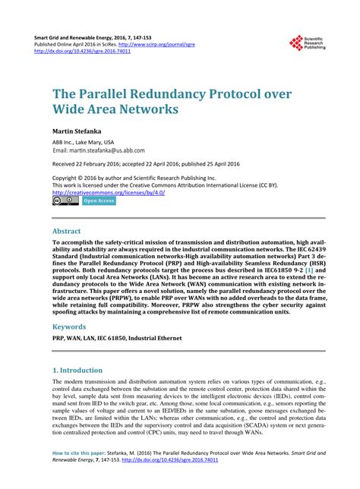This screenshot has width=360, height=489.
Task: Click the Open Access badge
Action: (x=99, y=201)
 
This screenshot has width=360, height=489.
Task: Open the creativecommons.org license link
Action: (x=109, y=192)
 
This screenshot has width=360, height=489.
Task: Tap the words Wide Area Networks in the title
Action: (x=115, y=109)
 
